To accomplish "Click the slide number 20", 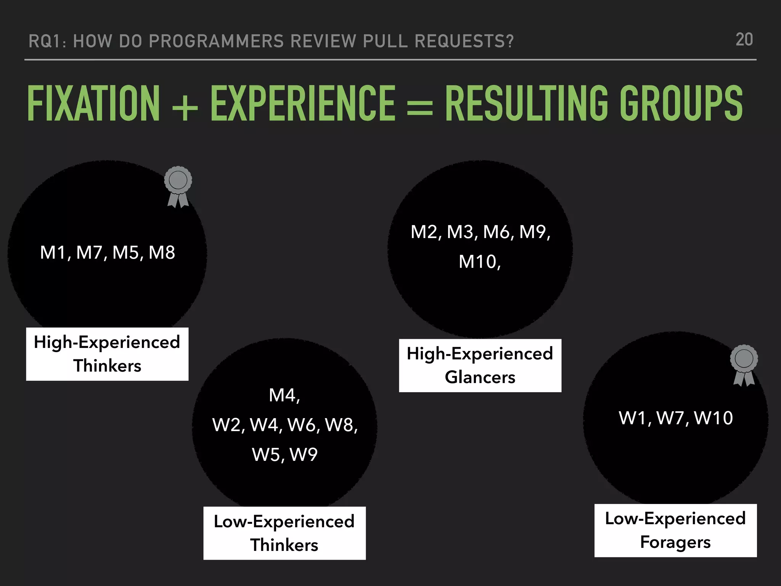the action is [x=744, y=40].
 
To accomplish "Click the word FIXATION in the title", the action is [x=94, y=103].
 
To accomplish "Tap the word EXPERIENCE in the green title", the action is [x=303, y=103].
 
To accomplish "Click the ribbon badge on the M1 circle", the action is [x=178, y=186].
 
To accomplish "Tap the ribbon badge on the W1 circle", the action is [x=744, y=365].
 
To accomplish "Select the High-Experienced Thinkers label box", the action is [x=107, y=354].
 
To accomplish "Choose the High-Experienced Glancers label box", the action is [x=480, y=365].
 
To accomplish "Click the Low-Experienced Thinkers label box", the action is [x=284, y=533].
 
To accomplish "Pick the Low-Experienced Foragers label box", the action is [x=675, y=530].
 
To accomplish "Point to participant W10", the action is [x=714, y=418].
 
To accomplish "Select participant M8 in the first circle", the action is [x=162, y=253].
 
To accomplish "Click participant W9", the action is [x=304, y=454].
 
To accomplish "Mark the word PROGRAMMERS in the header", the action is [x=216, y=41].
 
